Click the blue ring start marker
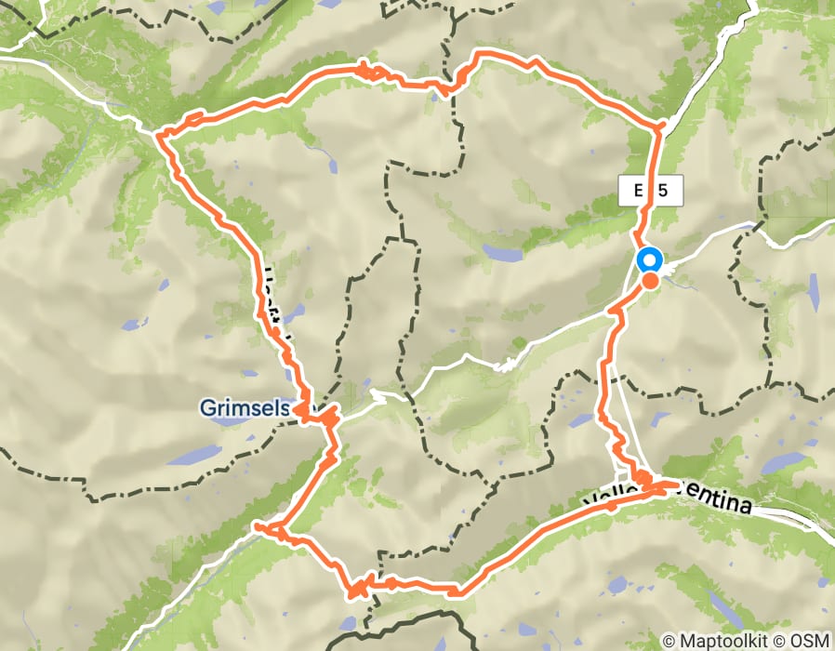[x=648, y=261]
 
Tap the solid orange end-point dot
[x=651, y=280]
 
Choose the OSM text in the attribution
[x=809, y=641]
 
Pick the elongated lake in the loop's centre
[x=501, y=252]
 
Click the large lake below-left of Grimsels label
[x=195, y=455]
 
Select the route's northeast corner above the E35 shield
[x=660, y=125]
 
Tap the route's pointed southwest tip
[x=257, y=527]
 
